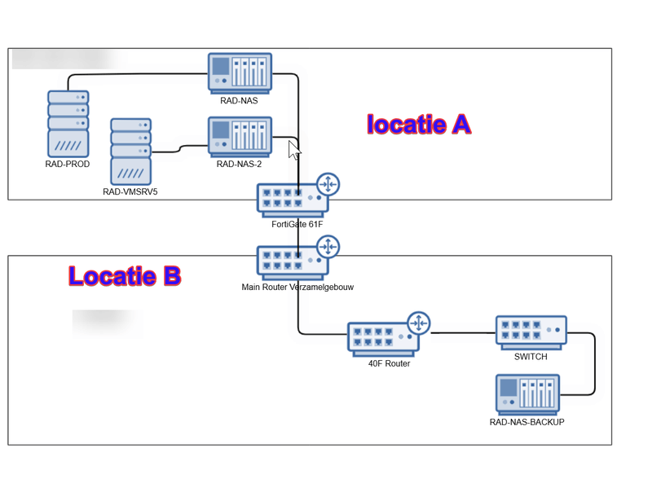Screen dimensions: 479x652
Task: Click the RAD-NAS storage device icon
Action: pyautogui.click(x=240, y=73)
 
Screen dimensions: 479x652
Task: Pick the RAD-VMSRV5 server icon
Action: pyautogui.click(x=130, y=152)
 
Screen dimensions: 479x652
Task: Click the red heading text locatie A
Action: pyautogui.click(x=419, y=125)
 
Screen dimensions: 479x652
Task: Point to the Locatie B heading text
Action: pyautogui.click(x=124, y=276)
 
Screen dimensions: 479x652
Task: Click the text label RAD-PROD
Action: pyautogui.click(x=68, y=164)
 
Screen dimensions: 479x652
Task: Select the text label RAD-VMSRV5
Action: pyautogui.click(x=130, y=192)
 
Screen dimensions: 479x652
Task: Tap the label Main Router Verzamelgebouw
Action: pyautogui.click(x=297, y=288)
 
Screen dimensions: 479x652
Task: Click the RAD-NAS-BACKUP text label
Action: pyautogui.click(x=526, y=422)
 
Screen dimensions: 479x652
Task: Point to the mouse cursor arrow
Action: pyautogui.click(x=294, y=150)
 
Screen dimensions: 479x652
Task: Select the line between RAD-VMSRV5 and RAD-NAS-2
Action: pyautogui.click(x=179, y=148)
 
